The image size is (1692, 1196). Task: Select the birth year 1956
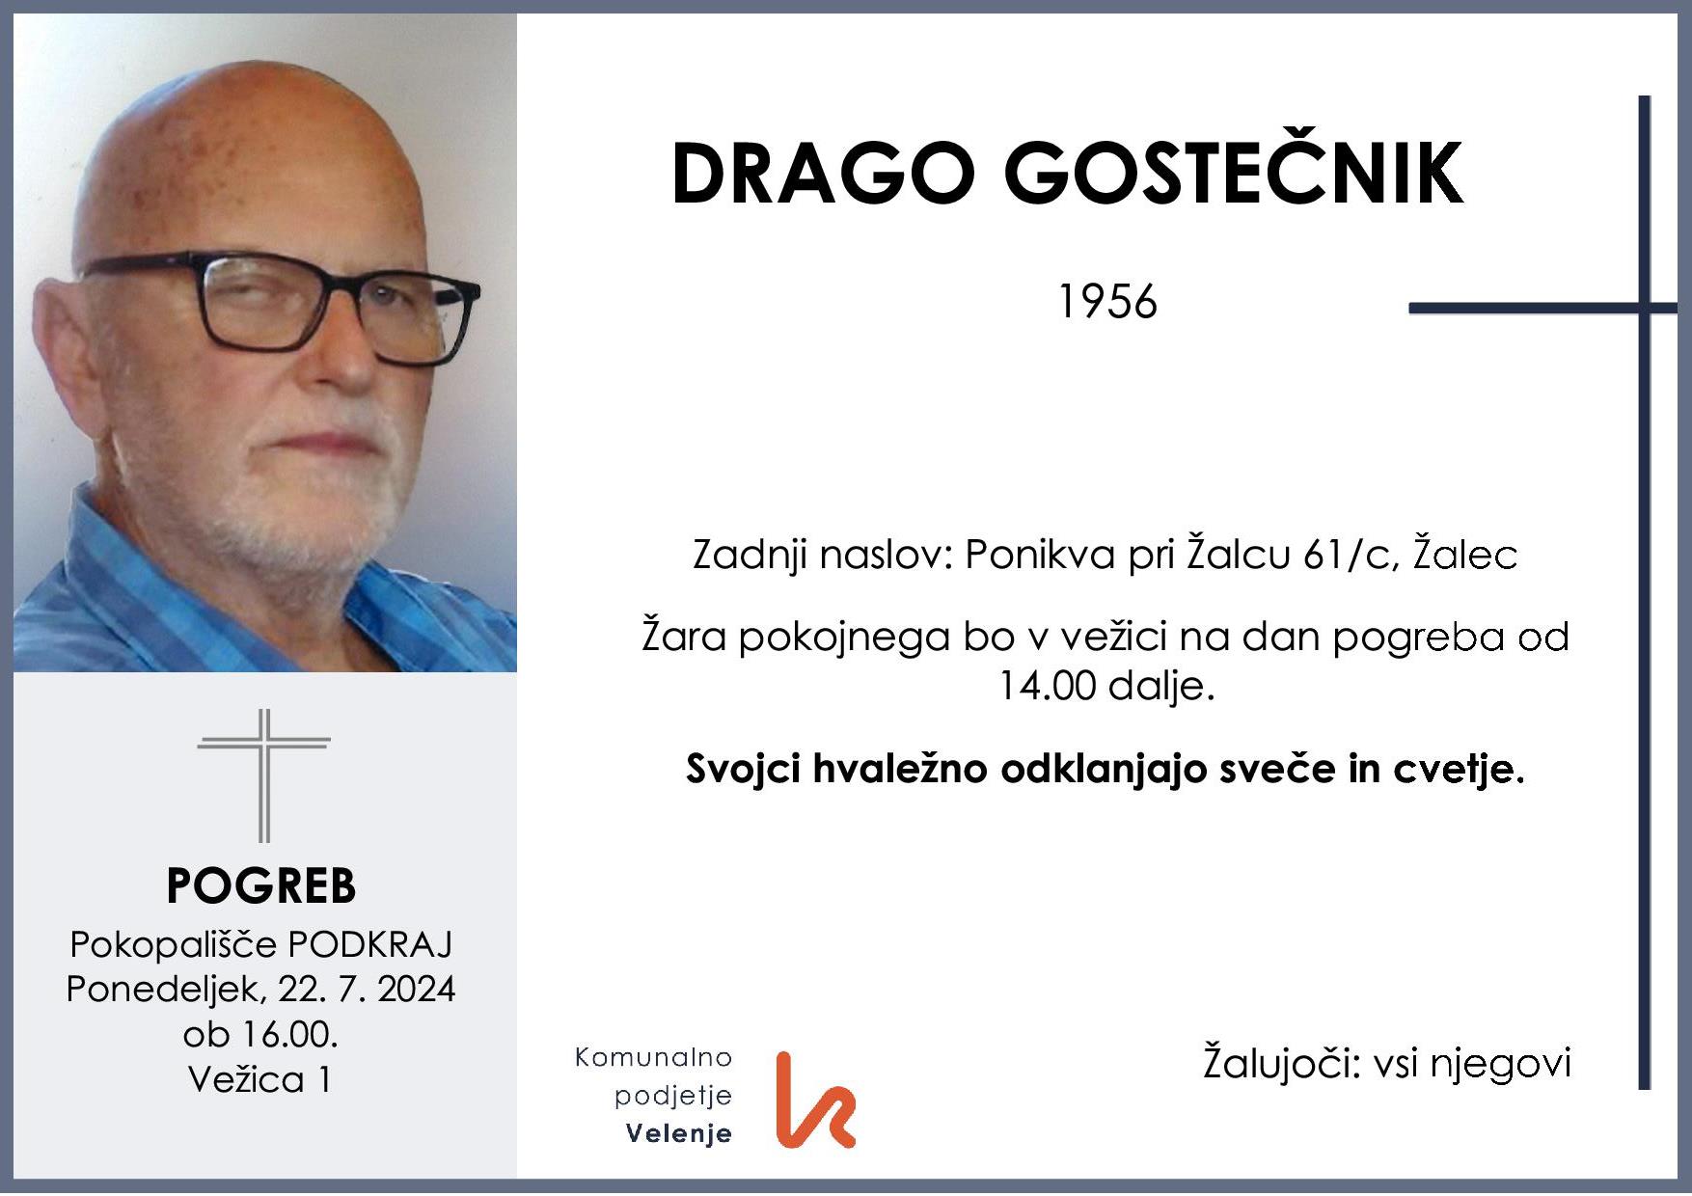(1106, 302)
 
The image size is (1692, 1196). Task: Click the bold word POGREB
(261, 885)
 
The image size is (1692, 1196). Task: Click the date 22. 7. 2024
(367, 989)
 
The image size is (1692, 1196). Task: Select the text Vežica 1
(260, 1078)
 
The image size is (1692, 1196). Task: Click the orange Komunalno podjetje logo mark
(815, 1101)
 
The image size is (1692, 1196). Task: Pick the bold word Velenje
(679, 1133)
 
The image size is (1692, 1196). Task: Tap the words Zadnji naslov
(821, 555)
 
